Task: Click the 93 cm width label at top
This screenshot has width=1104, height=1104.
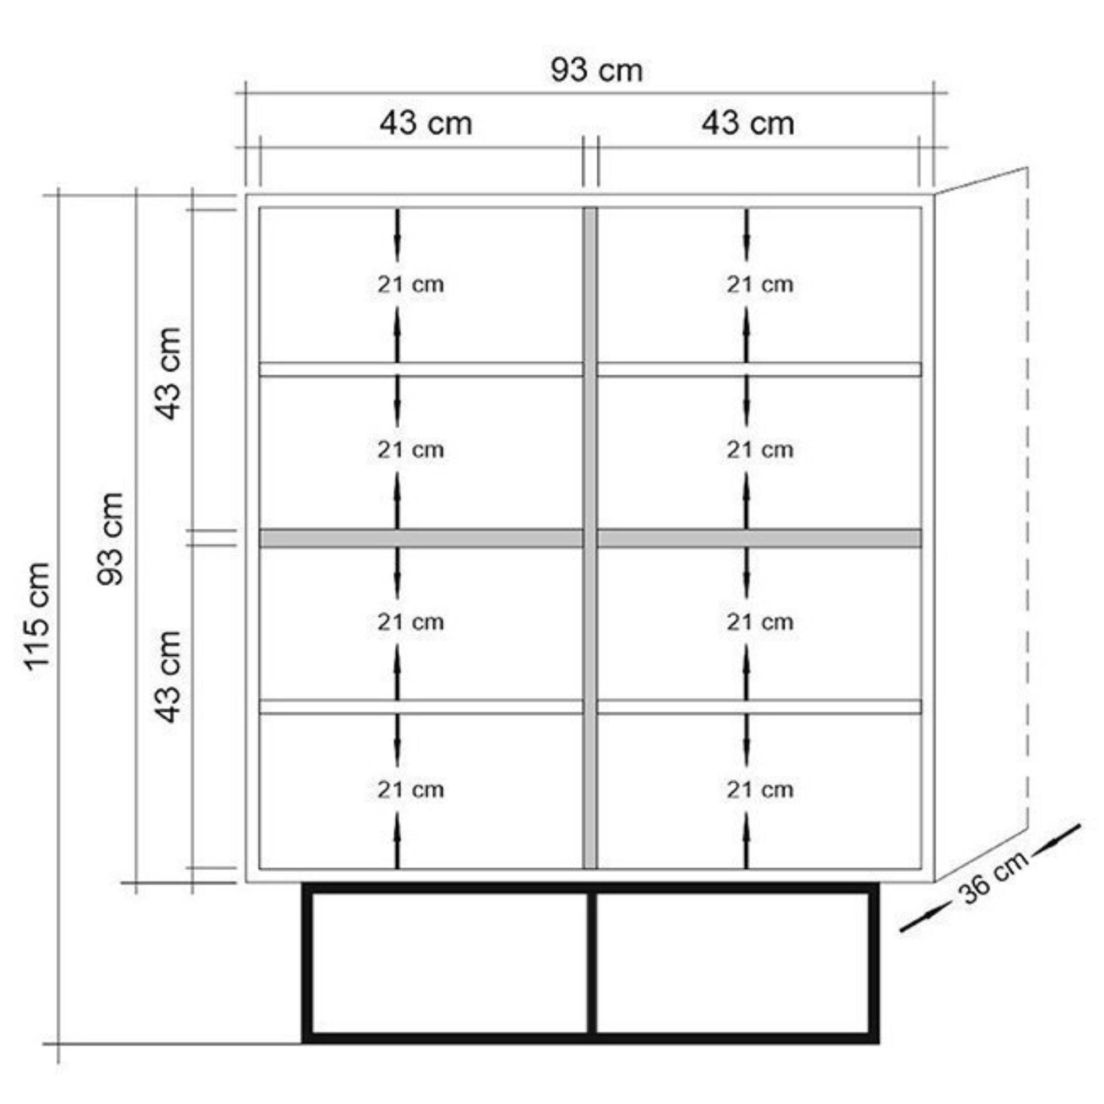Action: [x=596, y=70]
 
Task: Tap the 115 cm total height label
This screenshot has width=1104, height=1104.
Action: [x=38, y=615]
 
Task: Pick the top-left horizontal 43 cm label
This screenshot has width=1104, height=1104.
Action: [x=426, y=124]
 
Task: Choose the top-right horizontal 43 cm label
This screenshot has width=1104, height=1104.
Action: [x=747, y=124]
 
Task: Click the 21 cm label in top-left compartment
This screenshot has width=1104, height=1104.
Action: [x=410, y=284]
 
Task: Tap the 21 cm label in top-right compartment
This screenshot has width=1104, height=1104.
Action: [x=760, y=284]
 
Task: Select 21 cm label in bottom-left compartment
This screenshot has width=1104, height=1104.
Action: [x=410, y=790]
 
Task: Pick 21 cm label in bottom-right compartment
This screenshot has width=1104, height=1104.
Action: [x=760, y=790]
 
